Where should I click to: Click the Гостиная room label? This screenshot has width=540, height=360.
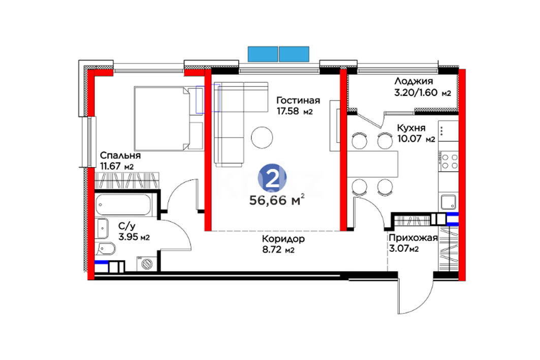[x=298, y=100]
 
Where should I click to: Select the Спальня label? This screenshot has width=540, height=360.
[x=120, y=155]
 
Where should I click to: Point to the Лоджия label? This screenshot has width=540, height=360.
[x=414, y=81]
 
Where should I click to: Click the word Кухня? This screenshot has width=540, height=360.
[x=411, y=128]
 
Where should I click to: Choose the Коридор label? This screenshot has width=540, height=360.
[x=283, y=239]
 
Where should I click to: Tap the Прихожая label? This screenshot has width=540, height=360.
[x=413, y=238]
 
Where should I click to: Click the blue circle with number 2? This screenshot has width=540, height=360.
[x=272, y=178]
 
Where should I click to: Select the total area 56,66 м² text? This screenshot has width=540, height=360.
[x=277, y=200]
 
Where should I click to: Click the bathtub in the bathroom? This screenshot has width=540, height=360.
[x=123, y=206]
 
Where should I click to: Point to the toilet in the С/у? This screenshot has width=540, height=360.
[x=105, y=248]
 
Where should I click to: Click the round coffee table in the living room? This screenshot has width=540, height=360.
[x=262, y=138]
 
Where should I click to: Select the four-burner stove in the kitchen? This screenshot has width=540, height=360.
[x=449, y=161]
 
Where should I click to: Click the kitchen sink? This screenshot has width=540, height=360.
[x=449, y=202]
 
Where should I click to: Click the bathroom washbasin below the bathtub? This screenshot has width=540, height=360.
[x=103, y=228]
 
